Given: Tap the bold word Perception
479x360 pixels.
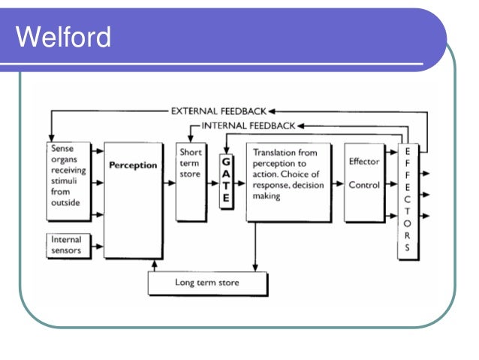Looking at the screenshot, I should (133, 165).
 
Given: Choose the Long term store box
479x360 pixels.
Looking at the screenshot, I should (206, 283).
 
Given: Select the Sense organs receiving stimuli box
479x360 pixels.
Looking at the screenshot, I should (69, 181).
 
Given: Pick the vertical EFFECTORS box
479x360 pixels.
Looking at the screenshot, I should (407, 200).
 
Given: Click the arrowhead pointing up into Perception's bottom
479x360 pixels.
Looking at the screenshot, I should (155, 262).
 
